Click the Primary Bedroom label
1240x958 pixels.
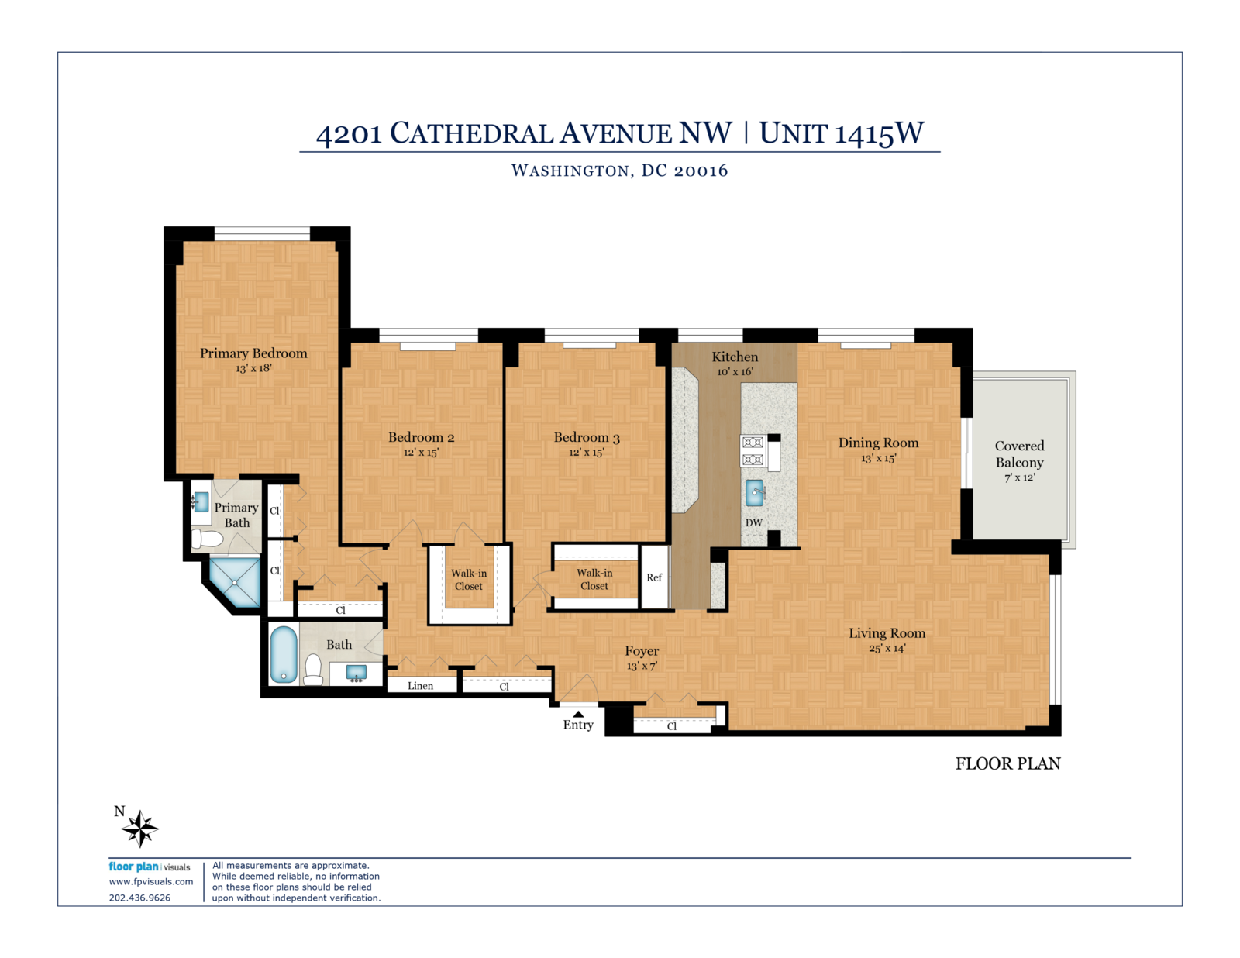(253, 353)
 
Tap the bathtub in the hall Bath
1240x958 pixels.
(284, 654)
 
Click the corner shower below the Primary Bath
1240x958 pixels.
(235, 582)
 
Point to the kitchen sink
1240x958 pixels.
(754, 493)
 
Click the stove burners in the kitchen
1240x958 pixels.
(753, 451)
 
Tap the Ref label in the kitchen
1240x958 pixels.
(654, 577)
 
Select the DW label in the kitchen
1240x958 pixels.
(753, 522)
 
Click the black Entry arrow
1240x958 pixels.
(578, 714)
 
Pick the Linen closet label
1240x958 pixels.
(420, 686)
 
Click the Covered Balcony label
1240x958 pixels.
(1019, 453)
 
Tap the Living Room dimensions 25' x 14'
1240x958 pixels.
(887, 648)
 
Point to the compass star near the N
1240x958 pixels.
(139, 829)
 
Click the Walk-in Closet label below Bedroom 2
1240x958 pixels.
(469, 580)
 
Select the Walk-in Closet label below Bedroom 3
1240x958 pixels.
(594, 579)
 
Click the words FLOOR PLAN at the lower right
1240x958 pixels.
(1007, 763)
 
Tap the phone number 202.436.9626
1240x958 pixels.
(139, 898)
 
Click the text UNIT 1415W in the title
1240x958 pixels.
(841, 133)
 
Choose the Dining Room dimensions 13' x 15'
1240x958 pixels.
(878, 458)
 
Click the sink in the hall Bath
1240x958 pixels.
(356, 673)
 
